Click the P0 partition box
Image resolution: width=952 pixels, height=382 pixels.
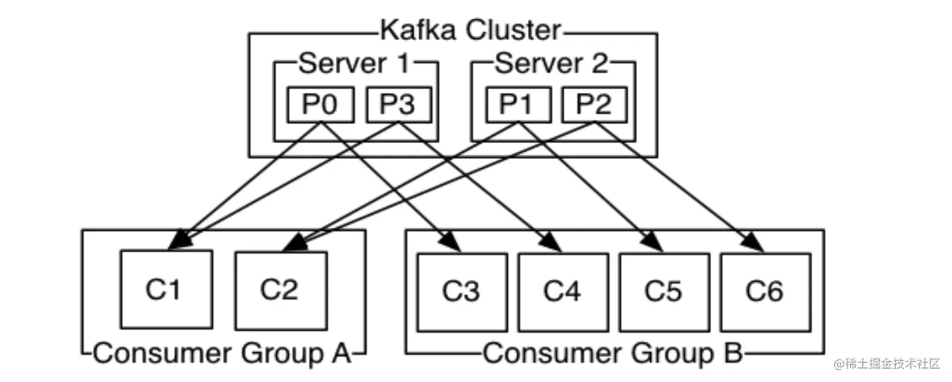pyautogui.click(x=320, y=105)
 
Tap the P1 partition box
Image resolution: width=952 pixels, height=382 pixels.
pyautogui.click(x=518, y=105)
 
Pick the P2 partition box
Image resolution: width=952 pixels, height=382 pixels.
pyautogui.click(x=593, y=105)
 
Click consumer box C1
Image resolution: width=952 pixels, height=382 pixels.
pyautogui.click(x=166, y=291)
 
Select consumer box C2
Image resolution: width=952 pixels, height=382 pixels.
pyautogui.click(x=280, y=291)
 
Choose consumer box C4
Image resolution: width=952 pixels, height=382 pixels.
pyautogui.click(x=563, y=291)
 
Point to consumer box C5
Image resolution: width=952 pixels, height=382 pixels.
pyautogui.click(x=664, y=291)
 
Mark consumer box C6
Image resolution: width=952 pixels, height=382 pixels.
pyautogui.click(x=765, y=291)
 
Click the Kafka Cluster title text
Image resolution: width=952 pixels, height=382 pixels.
pyautogui.click(x=470, y=30)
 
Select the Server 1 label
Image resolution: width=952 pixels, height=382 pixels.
pyautogui.click(x=354, y=64)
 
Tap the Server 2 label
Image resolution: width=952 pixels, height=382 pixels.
pyautogui.click(x=551, y=64)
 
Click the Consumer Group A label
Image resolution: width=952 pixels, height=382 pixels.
pyautogui.click(x=222, y=353)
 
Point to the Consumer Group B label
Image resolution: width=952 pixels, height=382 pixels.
pyautogui.click(x=612, y=353)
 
